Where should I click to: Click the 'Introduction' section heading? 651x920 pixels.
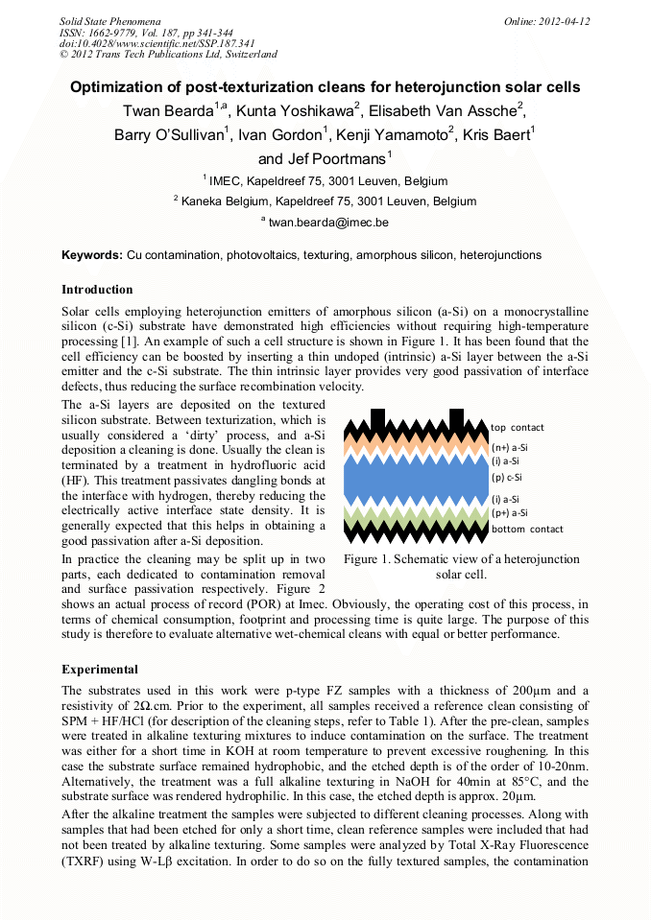[x=97, y=289]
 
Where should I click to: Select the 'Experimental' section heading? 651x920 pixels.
[x=100, y=669]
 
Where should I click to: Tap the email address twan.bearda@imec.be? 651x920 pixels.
[x=327, y=222]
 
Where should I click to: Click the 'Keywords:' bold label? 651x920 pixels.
[x=92, y=255]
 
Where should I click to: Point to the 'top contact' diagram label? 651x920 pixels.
[x=517, y=427]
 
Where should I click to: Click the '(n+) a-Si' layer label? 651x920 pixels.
[x=509, y=447]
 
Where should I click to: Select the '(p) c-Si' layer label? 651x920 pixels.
[x=506, y=477]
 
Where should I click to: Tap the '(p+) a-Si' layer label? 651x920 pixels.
[x=509, y=513]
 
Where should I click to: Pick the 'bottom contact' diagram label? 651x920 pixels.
[x=527, y=529]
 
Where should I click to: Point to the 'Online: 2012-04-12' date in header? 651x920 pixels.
[x=546, y=21]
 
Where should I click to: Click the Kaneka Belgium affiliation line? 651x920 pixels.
[x=325, y=201]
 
